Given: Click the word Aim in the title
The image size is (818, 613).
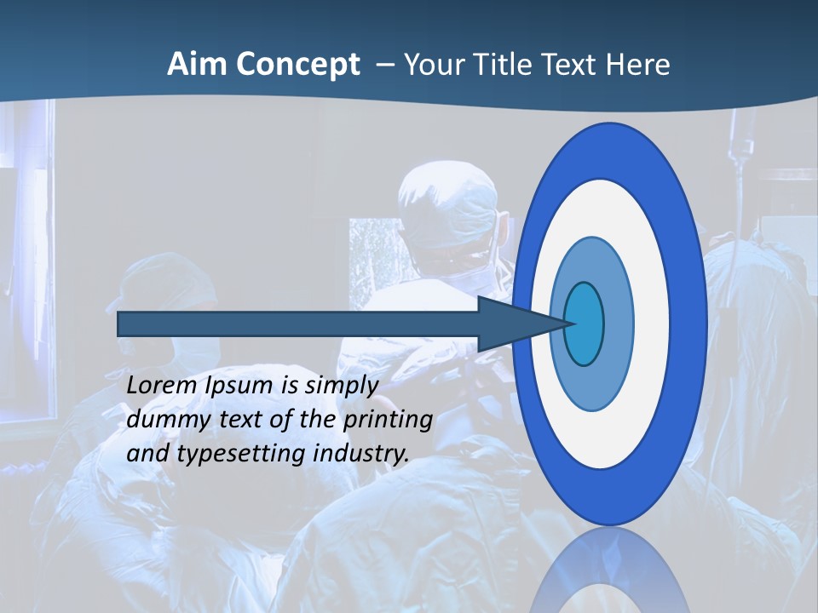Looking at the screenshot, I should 197,65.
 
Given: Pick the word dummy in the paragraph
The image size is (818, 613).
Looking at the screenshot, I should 163,420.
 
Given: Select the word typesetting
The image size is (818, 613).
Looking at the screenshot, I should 241,454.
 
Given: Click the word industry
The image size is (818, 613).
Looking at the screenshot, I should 361,454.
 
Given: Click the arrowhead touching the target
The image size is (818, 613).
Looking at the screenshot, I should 511,324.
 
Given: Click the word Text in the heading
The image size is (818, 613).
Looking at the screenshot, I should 570,65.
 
